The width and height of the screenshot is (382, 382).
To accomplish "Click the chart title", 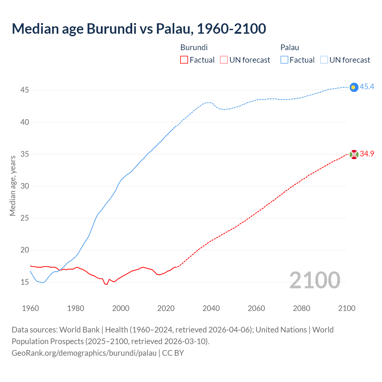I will (139, 29).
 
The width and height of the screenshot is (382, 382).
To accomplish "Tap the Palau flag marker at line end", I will (354, 87).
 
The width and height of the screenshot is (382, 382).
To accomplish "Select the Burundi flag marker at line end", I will (354, 155).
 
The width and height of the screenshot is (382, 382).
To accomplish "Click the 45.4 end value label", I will (367, 87).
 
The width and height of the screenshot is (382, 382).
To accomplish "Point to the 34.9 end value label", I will (367, 154).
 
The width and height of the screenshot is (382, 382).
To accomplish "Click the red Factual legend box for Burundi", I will (184, 60).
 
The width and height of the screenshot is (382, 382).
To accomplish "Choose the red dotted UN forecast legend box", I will (224, 60).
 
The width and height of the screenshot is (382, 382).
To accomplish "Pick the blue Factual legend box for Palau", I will (284, 60).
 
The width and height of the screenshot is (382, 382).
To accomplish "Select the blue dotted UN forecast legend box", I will (324, 60).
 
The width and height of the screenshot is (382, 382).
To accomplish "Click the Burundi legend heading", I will (194, 47).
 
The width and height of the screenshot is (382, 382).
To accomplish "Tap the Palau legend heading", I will (289, 47).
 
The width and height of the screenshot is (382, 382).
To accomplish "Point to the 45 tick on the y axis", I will (24, 90).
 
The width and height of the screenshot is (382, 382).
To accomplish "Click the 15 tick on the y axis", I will (24, 282).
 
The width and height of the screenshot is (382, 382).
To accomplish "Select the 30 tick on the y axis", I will (24, 186).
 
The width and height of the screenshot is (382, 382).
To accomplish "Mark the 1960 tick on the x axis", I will (30, 308).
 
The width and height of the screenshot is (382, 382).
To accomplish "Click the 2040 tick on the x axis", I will (211, 308).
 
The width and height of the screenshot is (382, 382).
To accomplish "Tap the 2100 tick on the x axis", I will (346, 308).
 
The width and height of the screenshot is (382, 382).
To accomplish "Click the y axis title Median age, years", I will (13, 186).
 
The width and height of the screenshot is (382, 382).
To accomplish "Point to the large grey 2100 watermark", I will (315, 280).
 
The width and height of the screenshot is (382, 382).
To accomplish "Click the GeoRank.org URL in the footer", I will (84, 353).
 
